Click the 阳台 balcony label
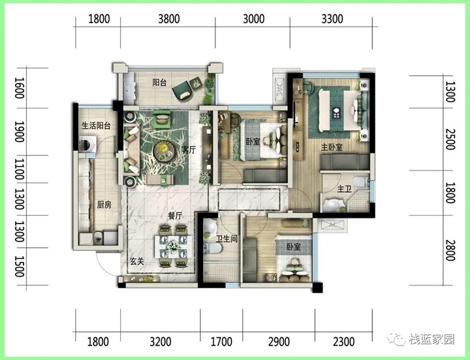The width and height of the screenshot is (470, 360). pos(159,82)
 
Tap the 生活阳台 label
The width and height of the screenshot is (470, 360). pos(96,125)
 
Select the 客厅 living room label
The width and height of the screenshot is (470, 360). pos(189,150)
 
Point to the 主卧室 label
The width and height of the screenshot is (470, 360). pos(332,147)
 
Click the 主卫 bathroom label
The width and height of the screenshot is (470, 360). pos(344,189)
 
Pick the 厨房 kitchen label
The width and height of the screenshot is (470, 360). pos(104,205)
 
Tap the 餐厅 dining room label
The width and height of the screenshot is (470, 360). pos(175,216)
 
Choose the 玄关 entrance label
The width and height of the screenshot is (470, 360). pos(136,261)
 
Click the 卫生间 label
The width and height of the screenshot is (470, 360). pos(227,238)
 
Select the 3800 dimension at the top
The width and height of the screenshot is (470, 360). pos(169,19)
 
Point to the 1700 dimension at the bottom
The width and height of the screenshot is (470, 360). pos(221,342)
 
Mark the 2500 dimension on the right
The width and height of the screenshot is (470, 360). pos(450,139)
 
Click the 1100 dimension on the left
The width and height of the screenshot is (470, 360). pos(19,169)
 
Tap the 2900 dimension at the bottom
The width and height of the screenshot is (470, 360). pos(279,342)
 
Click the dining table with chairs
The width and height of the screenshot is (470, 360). pos(173,246)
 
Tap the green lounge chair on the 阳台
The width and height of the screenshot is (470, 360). pos(183,90)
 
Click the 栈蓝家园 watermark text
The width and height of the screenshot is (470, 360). pos(432,339)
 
